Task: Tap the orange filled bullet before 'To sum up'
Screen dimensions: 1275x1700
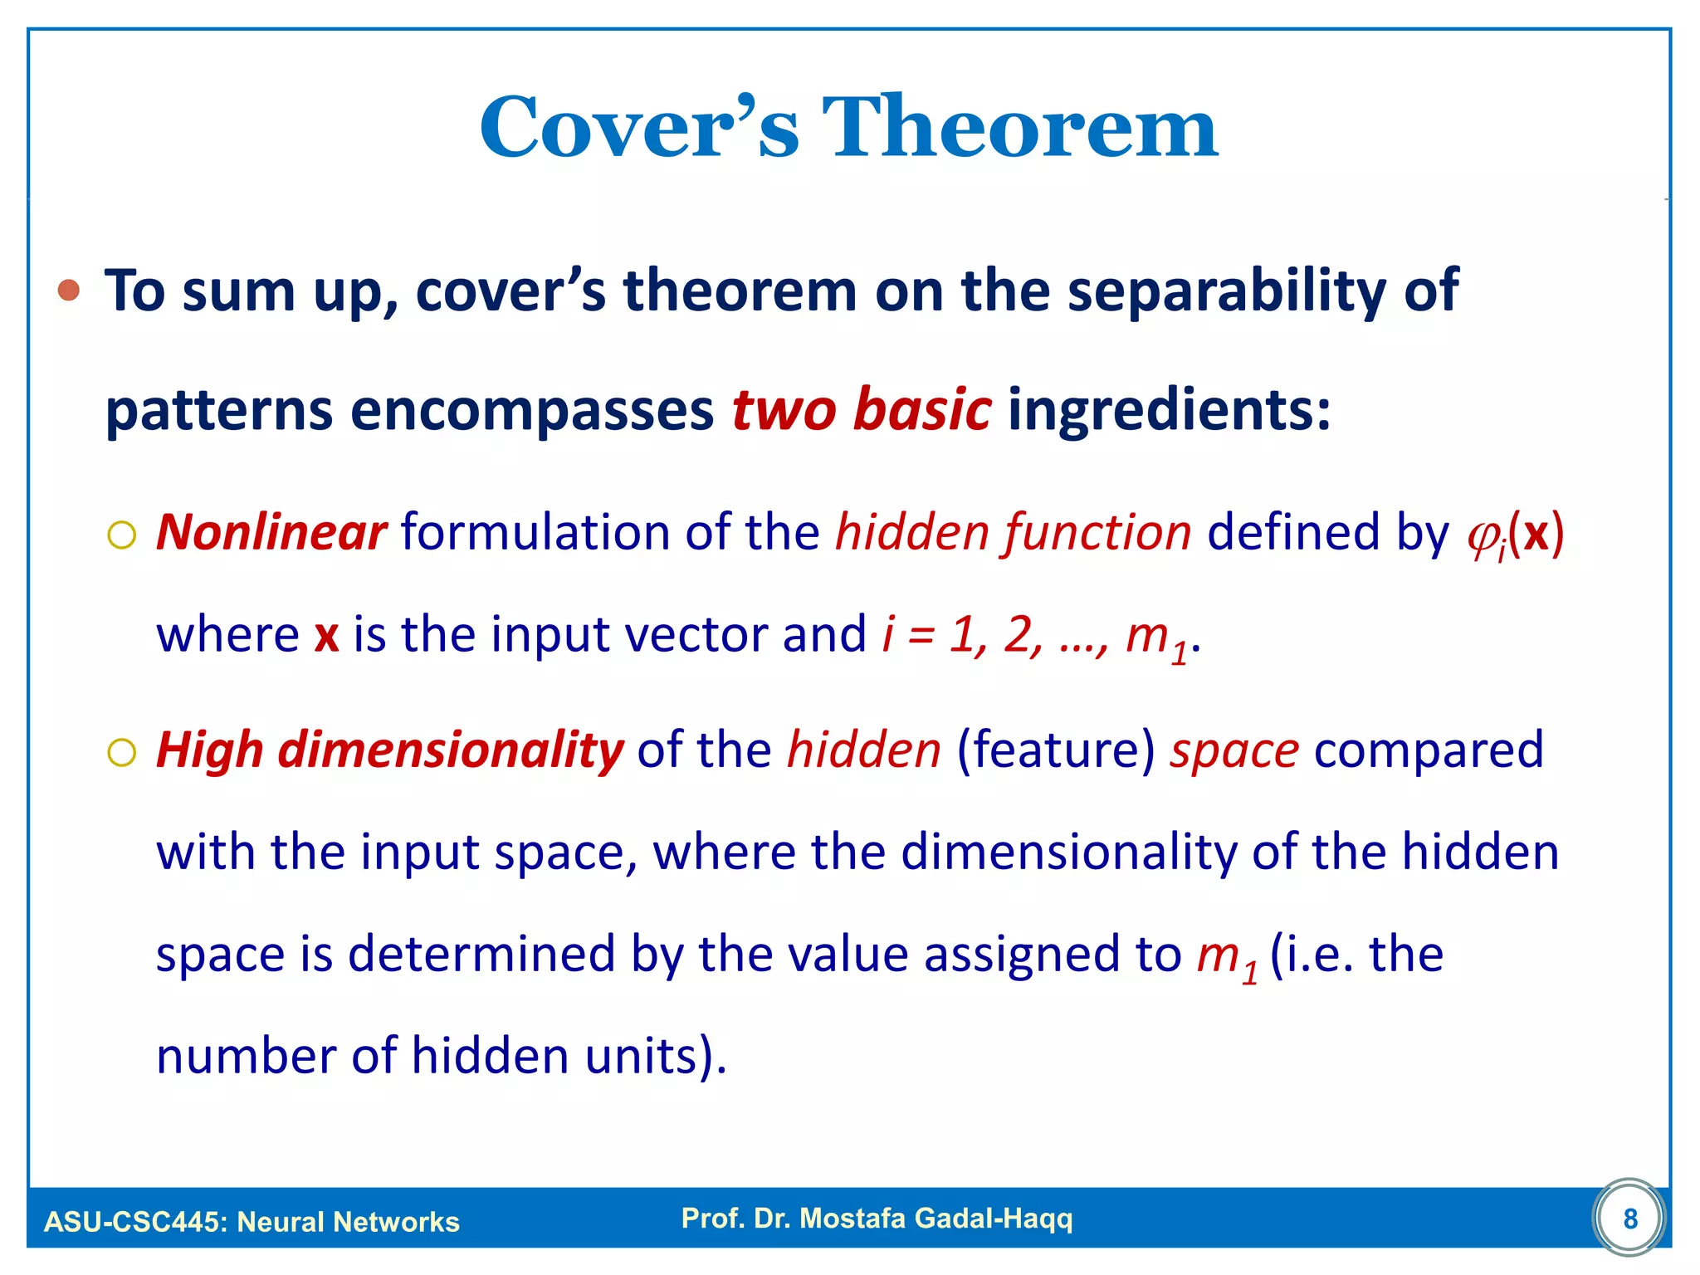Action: (x=69, y=291)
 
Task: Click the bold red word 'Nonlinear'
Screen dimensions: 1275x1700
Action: (x=271, y=532)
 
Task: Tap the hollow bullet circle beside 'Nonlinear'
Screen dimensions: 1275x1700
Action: (x=122, y=535)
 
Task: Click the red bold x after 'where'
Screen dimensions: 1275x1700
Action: (x=326, y=636)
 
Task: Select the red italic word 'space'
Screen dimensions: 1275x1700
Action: (x=1233, y=751)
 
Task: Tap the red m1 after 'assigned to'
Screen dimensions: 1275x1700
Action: (x=1225, y=956)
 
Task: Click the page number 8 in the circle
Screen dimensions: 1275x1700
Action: (x=1629, y=1219)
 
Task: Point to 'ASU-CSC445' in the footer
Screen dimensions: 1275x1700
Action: (x=133, y=1222)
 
